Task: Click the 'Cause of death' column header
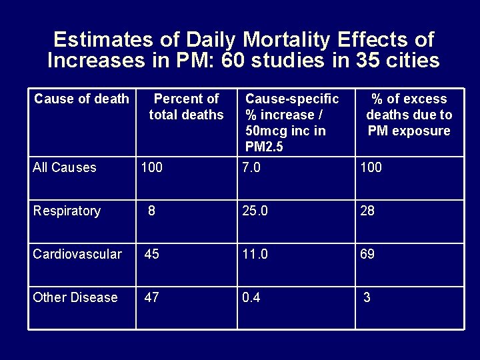coord(81,99)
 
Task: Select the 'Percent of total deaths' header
coord(187,107)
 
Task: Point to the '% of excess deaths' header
coord(409,115)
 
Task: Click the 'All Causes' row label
coord(65,167)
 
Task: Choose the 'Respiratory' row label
coord(67,211)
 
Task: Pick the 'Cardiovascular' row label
coord(77,254)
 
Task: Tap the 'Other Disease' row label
coord(75,297)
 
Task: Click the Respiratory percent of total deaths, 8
coord(152,211)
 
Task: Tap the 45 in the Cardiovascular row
coord(152,254)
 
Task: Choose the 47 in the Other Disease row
coord(152,297)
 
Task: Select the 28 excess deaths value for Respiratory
coord(367,211)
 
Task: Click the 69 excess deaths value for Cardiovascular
coord(367,254)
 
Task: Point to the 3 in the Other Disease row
coord(367,297)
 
